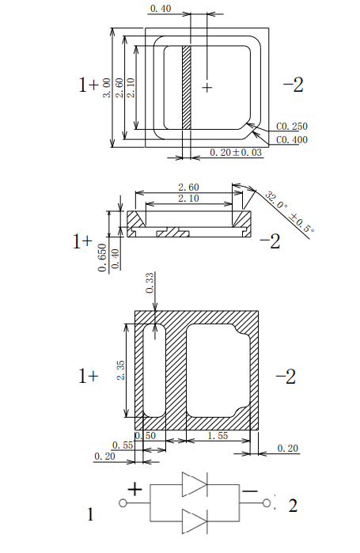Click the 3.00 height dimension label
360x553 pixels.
[108, 88]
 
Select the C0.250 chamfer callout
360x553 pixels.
[291, 126]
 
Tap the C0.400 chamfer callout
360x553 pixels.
[291, 140]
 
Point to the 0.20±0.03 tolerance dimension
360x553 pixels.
[236, 152]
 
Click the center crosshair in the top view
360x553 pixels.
[207, 87]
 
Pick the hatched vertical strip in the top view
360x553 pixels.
[188, 87]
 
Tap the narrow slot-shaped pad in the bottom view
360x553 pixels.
[153, 369]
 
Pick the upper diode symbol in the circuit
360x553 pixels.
[194, 484]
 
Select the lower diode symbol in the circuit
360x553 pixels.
[194, 521]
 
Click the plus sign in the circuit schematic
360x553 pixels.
[135, 489]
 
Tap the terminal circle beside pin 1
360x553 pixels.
[123, 503]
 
